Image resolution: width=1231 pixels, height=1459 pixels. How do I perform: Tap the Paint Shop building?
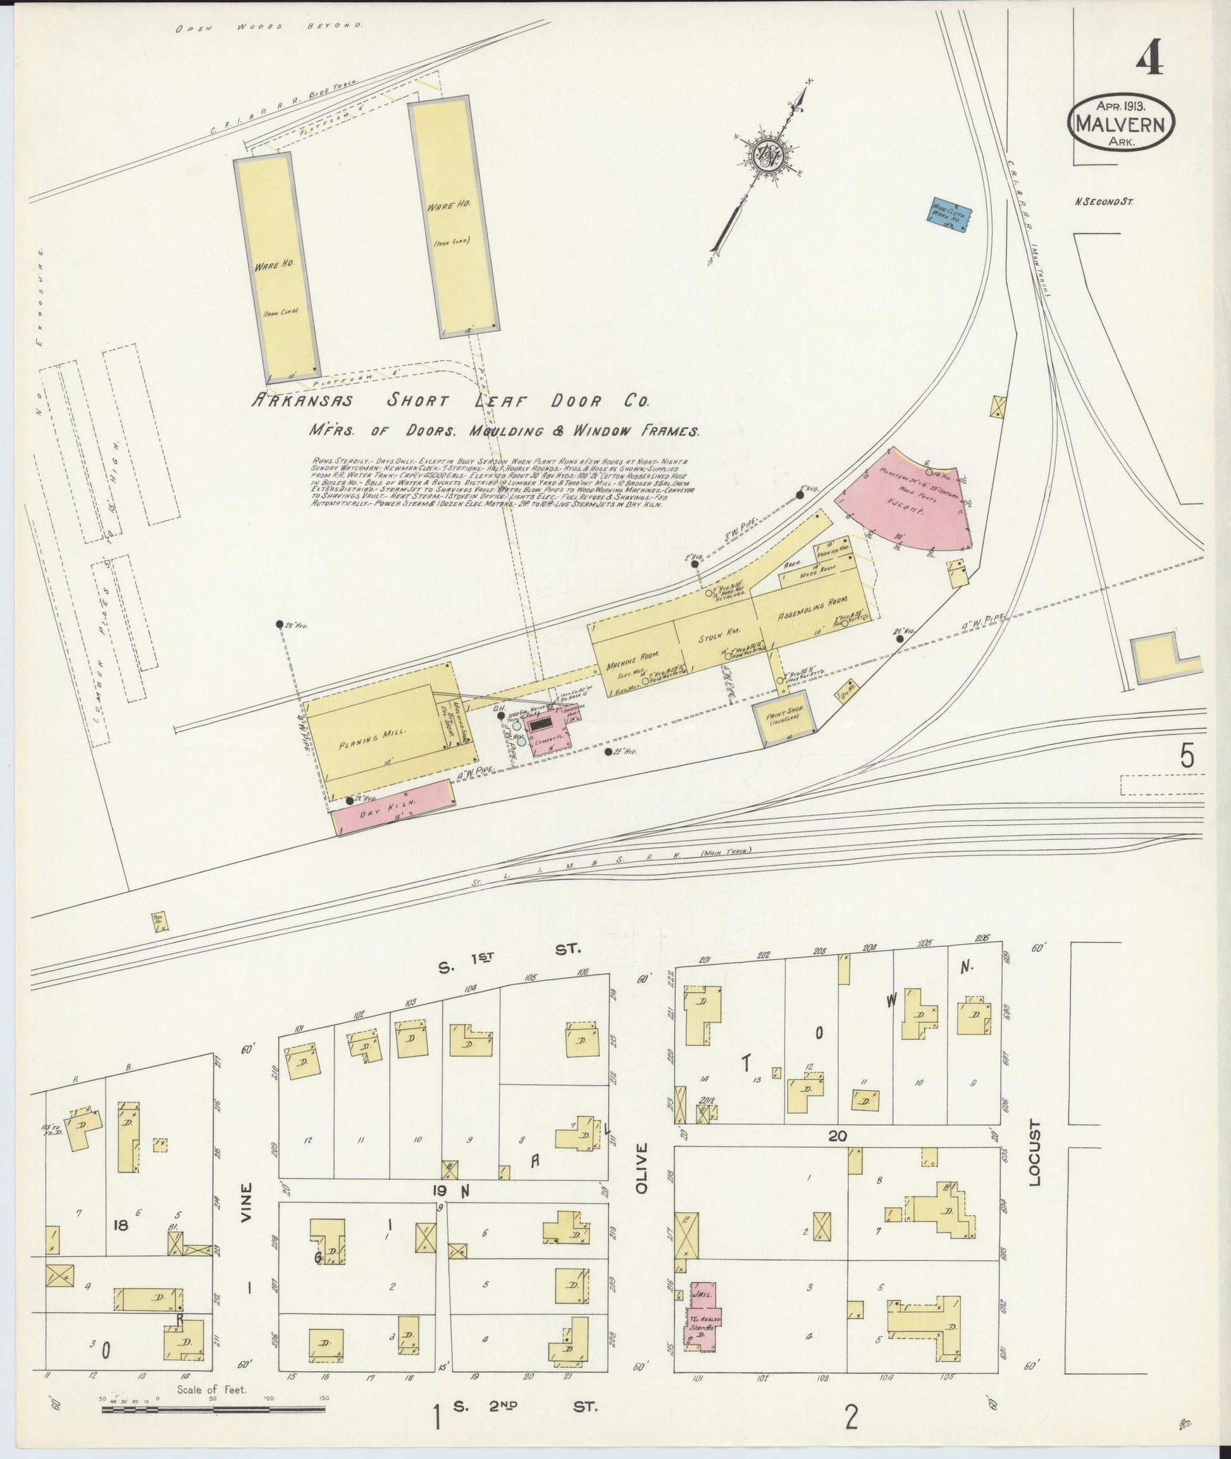pyautogui.click(x=785, y=717)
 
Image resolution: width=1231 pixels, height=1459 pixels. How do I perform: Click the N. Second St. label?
pyautogui.click(x=1102, y=202)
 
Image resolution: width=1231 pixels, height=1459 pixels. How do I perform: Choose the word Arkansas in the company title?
pyautogui.click(x=302, y=403)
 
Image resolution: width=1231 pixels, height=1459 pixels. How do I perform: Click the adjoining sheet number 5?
pyautogui.click(x=1187, y=756)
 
